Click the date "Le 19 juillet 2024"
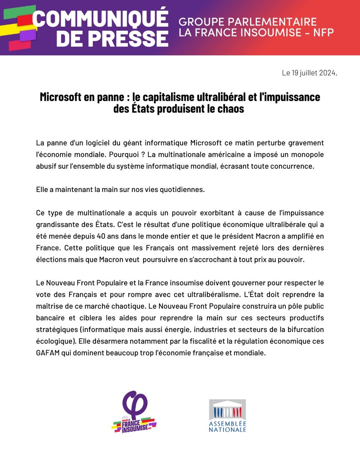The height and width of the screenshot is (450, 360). (309, 73)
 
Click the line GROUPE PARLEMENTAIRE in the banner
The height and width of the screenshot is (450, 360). (247, 21)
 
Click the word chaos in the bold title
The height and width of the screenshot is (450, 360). (230, 109)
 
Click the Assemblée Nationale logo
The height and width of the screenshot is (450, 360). (227, 415)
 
